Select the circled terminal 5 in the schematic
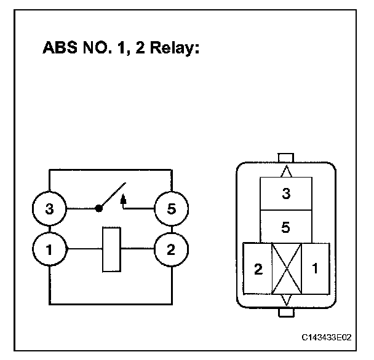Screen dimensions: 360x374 169,209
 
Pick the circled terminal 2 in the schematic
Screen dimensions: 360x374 169,249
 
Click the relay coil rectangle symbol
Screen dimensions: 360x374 110,249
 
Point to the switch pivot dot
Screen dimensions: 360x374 98,209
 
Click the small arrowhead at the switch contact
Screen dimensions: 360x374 124,198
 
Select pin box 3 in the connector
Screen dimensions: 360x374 285,194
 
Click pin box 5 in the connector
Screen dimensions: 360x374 285,227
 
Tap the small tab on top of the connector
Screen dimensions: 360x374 287,157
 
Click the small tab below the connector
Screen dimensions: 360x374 287,313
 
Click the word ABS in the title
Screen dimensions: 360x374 59,49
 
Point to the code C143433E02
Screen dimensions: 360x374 327,338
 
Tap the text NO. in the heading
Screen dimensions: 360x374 100,49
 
